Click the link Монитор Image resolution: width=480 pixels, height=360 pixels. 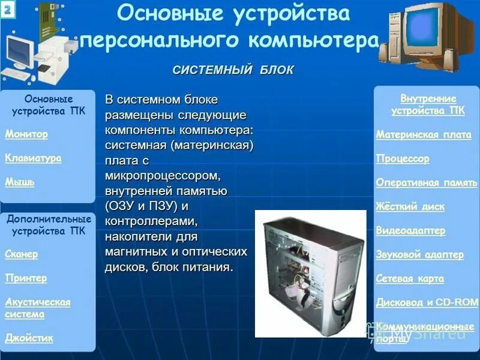(x=26, y=134)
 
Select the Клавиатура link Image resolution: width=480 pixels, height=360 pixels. (x=33, y=158)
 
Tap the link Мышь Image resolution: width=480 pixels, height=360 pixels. (x=20, y=182)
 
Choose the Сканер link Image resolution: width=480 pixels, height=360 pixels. (x=22, y=254)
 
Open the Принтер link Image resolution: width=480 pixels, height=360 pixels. (x=26, y=278)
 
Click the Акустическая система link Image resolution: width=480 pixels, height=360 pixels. (x=38, y=308)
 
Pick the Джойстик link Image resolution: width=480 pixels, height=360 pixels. (x=29, y=338)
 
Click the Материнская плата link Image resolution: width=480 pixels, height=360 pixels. (x=424, y=134)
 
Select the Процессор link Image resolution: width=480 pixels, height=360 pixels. (x=403, y=158)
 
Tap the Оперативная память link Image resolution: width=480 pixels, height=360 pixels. (x=426, y=182)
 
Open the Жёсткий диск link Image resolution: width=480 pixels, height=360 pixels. (x=410, y=206)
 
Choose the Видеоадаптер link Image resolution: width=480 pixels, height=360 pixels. (x=410, y=230)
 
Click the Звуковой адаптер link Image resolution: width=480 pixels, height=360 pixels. (x=420, y=254)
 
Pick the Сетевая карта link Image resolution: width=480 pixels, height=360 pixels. (x=410, y=278)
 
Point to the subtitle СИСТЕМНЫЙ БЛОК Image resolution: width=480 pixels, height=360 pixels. (x=233, y=70)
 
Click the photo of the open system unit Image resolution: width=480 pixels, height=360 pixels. (x=310, y=273)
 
